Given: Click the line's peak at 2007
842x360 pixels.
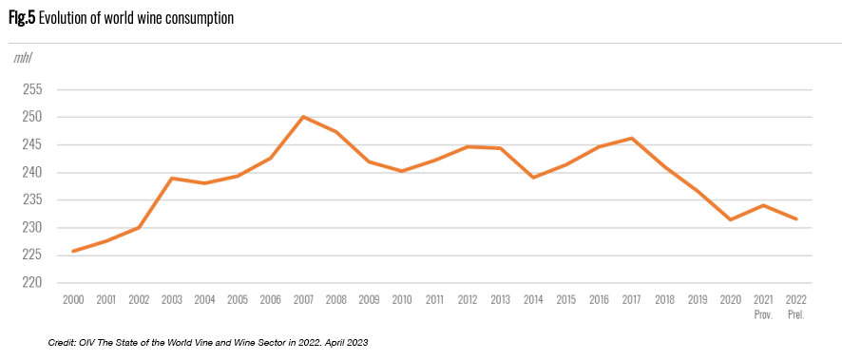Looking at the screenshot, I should (303, 117).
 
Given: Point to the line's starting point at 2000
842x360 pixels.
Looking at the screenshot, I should (73, 251).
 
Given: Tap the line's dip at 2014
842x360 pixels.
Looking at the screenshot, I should (533, 178).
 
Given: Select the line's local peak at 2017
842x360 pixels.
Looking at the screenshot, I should (632, 139).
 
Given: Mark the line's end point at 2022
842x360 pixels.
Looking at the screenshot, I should (795, 219).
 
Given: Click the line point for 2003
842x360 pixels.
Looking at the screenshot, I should (172, 179).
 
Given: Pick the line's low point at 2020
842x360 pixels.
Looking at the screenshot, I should (730, 219).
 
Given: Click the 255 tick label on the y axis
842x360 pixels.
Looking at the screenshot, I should (32, 89).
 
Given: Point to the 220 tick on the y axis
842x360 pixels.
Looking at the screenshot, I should (32, 283).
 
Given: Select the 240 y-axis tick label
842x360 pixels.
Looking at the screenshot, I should (32, 173).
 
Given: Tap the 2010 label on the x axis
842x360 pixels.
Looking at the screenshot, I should (402, 300).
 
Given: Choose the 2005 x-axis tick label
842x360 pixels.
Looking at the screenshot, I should (238, 300).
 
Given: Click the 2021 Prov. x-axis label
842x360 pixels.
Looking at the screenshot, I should (763, 306).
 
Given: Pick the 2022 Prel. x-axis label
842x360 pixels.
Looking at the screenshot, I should (795, 306).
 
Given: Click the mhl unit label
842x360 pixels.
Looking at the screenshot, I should (23, 59).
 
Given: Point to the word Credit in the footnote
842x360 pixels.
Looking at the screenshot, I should (60, 342).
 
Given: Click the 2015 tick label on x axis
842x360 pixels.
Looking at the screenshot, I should (566, 300).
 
